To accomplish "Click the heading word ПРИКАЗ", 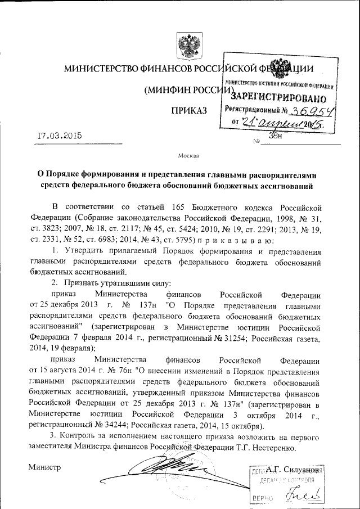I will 189,108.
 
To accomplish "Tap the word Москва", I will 188,155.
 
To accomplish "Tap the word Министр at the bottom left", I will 45,467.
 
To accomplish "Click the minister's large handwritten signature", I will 163,470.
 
